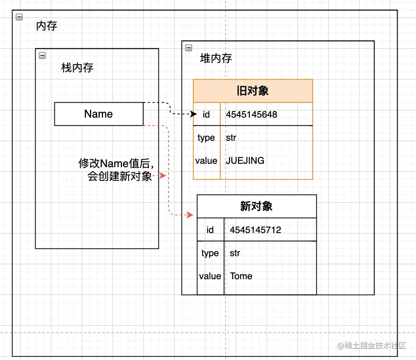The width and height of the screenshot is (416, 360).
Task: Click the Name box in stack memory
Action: pos(99,114)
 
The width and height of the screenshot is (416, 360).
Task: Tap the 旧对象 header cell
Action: pos(253,91)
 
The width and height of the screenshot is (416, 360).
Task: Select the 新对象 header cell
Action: pos(256,207)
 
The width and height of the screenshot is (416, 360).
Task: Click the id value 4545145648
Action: pos(252,115)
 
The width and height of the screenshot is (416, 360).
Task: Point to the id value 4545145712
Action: pos(256,230)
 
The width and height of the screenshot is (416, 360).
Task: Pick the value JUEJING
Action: pos(245,161)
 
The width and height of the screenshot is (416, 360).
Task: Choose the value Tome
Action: pos(241,276)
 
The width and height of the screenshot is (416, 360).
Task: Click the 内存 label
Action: pos(47,26)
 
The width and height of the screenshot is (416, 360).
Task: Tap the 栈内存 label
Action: pos(77,68)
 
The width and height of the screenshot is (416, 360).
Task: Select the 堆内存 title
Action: pos(216,59)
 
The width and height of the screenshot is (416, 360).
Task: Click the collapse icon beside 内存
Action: pos(19,17)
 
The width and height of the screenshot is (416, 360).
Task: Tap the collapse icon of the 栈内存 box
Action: pos(42,55)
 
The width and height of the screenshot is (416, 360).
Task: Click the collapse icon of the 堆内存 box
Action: pos(188,47)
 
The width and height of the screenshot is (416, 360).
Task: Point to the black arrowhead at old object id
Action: pos(194,114)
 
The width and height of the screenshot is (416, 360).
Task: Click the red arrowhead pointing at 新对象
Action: pos(191,215)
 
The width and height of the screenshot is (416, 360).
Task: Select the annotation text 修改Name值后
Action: pos(116,163)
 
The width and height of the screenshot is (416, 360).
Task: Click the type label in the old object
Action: pos(206,138)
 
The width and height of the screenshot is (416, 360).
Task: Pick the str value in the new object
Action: pos(235,253)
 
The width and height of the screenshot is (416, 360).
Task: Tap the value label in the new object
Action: pos(210,276)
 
